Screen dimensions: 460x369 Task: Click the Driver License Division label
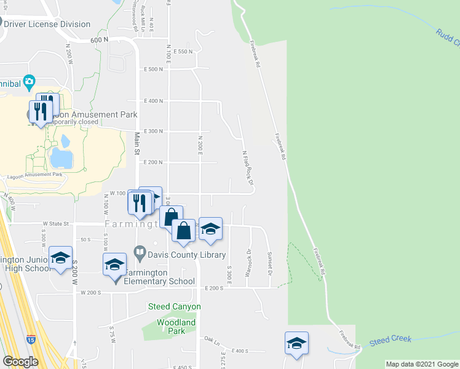(x=49, y=25)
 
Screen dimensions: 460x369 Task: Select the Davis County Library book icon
(x=140, y=253)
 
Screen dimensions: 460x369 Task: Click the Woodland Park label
(x=176, y=327)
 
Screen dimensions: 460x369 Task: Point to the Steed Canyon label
(x=174, y=306)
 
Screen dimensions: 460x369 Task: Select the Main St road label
(x=138, y=144)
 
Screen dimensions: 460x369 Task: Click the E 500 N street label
(x=153, y=69)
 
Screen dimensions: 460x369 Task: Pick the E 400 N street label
(x=153, y=101)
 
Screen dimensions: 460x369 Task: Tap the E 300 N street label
(x=153, y=132)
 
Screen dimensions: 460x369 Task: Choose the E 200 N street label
(x=153, y=162)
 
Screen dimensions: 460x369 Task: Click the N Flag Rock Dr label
(x=247, y=169)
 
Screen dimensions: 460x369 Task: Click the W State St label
(x=54, y=224)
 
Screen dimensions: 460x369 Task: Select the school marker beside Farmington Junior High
(x=60, y=258)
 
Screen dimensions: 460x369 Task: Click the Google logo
(x=20, y=362)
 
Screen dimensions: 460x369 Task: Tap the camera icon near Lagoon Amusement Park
(x=29, y=82)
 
